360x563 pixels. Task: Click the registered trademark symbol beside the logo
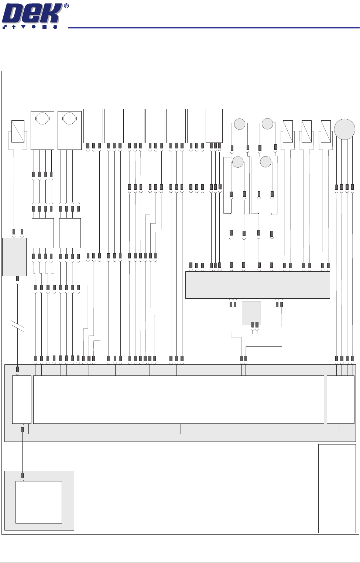[66, 6]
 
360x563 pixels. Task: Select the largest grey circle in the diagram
[344, 129]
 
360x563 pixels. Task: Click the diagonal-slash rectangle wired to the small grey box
[18, 131]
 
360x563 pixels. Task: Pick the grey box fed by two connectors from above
[14, 257]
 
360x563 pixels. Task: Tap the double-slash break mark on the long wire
[18, 326]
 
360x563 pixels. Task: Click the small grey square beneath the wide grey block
[251, 313]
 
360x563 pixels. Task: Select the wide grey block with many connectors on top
[257, 285]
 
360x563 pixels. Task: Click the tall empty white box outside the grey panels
[337, 488]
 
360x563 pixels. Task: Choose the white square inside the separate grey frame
[38, 502]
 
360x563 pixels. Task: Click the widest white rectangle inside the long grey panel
[178, 399]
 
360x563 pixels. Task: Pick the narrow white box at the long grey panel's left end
[22, 399]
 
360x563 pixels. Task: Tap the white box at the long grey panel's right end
[340, 399]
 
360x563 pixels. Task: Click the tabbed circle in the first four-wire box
[42, 119]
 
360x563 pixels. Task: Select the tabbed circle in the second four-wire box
[69, 119]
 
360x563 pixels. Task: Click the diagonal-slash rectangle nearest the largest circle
[326, 131]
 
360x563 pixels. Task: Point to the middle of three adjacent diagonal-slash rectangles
[306, 131]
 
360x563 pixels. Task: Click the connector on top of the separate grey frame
[22, 476]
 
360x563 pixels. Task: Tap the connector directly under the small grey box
[18, 279]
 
